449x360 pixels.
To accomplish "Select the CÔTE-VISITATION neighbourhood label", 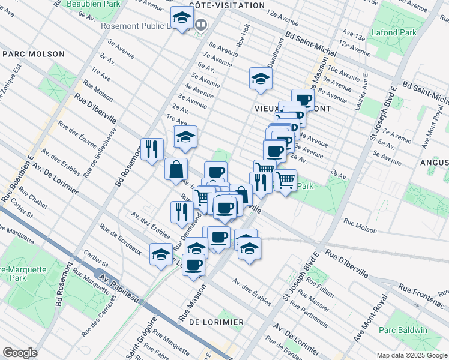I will (x=226, y=5).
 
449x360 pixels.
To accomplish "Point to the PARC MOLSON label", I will (x=34, y=54).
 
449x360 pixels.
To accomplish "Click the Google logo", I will (x=20, y=353).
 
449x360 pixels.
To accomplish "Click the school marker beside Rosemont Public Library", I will (x=182, y=18).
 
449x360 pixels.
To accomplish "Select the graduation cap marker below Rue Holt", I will (x=261, y=79).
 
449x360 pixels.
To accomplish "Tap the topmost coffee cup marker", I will (x=303, y=100).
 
